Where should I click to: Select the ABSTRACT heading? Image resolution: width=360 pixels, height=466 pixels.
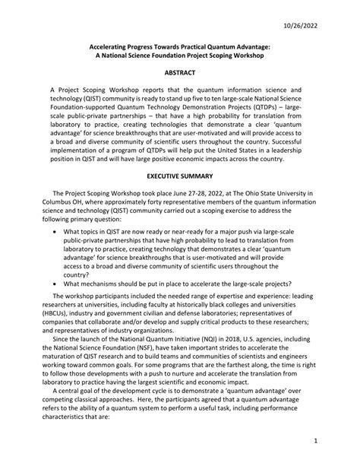pyautogui.click(x=180, y=72)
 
